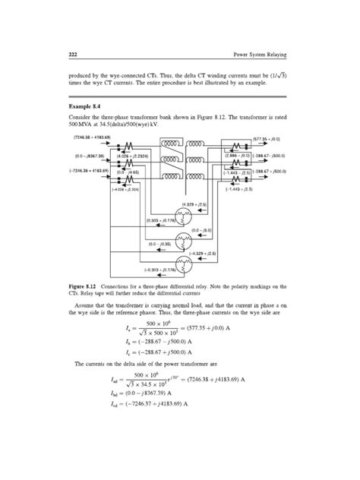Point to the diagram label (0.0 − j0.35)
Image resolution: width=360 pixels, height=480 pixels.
click(163, 244)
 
